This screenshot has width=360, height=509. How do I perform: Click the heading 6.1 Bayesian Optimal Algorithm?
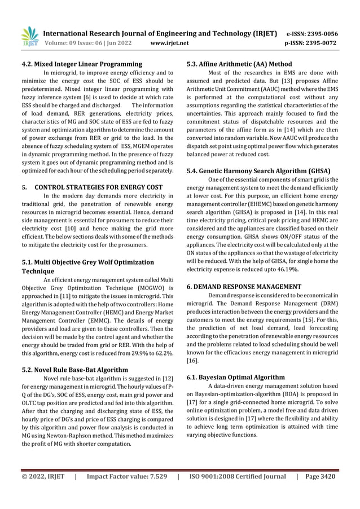coord(235,376)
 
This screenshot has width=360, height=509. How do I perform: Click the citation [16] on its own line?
coord(192,359)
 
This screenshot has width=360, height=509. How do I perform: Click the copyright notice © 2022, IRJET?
coord(43,477)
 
